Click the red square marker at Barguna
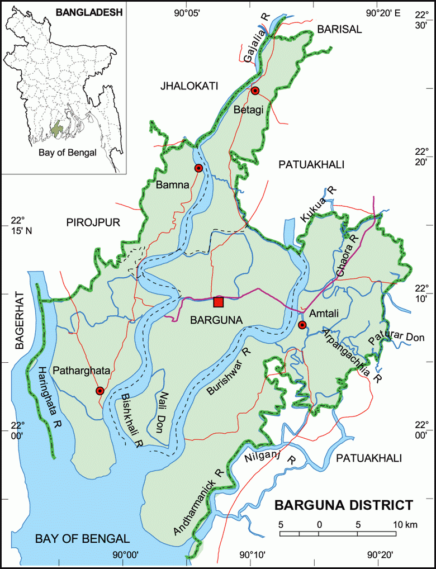click(219, 302)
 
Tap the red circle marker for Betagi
click(255, 91)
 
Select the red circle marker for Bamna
click(198, 168)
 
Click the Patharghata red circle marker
click(99, 391)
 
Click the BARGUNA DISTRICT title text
click(343, 506)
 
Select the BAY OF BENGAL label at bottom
click(82, 539)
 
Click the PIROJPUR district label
click(93, 222)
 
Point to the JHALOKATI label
click(188, 86)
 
